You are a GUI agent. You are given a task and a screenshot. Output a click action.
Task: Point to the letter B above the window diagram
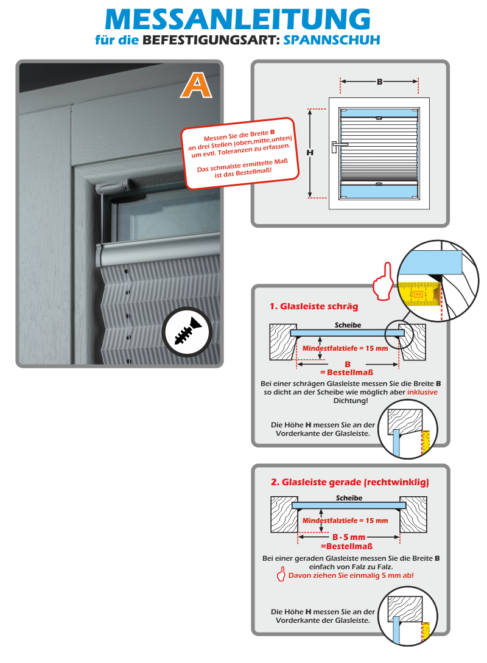379,81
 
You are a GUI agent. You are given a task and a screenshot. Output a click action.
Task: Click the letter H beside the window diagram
310,153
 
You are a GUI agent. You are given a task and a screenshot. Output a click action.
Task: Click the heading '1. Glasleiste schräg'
314,306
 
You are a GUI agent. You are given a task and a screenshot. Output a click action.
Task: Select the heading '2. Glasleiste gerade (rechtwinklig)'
349,482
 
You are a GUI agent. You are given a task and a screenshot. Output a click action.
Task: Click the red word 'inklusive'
422,392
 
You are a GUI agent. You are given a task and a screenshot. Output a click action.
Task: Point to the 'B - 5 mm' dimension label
349,537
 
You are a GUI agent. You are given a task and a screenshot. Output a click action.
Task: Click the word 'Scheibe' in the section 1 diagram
348,326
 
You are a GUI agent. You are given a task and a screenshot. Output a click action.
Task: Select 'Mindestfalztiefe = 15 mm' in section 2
345,521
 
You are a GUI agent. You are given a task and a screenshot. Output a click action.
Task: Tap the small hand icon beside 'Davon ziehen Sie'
281,575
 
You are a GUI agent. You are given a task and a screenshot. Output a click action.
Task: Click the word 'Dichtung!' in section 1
350,401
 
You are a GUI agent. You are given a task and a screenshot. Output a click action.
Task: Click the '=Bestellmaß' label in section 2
345,546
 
